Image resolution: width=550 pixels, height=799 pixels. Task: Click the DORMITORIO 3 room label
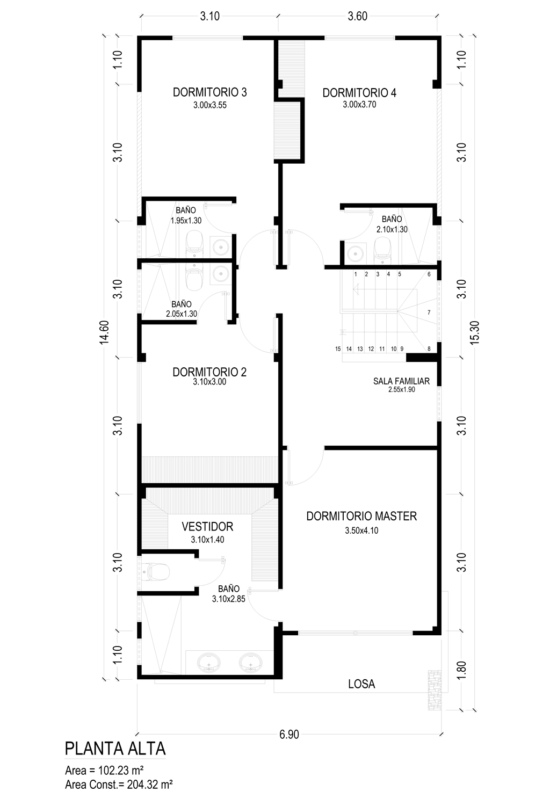pyautogui.click(x=209, y=92)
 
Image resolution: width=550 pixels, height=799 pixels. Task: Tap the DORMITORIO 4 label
pyautogui.click(x=359, y=93)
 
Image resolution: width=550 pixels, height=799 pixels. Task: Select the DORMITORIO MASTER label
pyautogui.click(x=361, y=516)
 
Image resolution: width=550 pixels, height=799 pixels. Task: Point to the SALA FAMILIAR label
pyautogui.click(x=401, y=381)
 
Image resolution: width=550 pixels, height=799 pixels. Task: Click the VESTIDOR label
pyautogui.click(x=207, y=526)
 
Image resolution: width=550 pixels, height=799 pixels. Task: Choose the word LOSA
pyautogui.click(x=361, y=684)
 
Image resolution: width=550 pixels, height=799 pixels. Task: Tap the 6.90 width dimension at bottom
pyautogui.click(x=289, y=735)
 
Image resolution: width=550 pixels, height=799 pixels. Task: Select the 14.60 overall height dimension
pyautogui.click(x=104, y=332)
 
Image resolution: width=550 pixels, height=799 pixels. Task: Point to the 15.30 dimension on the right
pyautogui.click(x=475, y=332)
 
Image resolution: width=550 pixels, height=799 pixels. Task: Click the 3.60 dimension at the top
pyautogui.click(x=357, y=17)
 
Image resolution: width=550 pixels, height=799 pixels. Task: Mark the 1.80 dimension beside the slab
pyautogui.click(x=461, y=670)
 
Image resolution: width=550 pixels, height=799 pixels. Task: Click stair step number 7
pyautogui.click(x=429, y=313)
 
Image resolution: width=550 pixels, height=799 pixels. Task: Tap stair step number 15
pyautogui.click(x=338, y=349)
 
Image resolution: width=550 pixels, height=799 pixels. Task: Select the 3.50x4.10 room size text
pyautogui.click(x=361, y=531)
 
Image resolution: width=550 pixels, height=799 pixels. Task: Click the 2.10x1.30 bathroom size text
pyautogui.click(x=392, y=229)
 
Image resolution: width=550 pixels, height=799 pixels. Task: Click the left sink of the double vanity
pyautogui.click(x=208, y=662)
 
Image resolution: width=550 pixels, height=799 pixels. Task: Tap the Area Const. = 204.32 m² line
pyautogui.click(x=119, y=785)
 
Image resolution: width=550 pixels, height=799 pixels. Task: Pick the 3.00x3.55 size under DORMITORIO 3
pyautogui.click(x=209, y=105)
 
